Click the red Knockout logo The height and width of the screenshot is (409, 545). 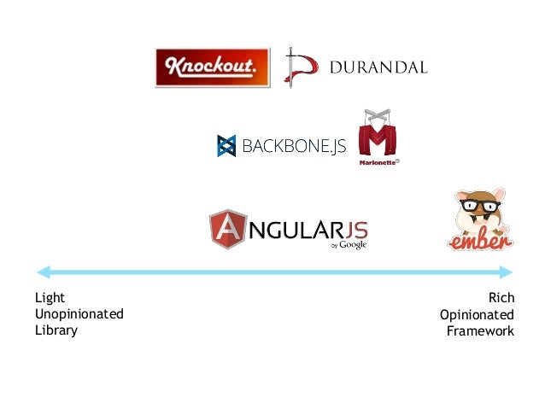[212, 67]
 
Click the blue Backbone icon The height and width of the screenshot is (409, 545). [226, 146]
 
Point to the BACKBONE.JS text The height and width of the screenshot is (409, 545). [294, 147]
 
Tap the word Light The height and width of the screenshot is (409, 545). [50, 298]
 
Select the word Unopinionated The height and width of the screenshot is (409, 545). [79, 314]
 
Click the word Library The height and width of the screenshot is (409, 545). [56, 330]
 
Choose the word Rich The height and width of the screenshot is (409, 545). [501, 298]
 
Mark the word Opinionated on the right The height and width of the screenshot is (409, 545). [477, 314]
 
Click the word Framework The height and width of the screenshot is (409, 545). [480, 330]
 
